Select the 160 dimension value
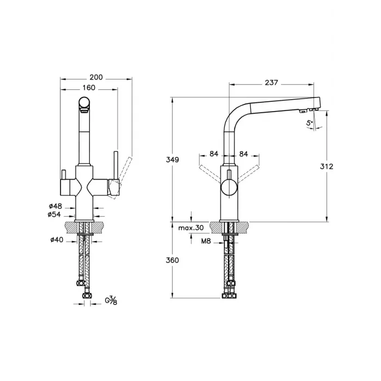pos(89,88)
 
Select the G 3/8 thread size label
pos(110,300)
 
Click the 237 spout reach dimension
pos(272,83)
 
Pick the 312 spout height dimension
pos(326,167)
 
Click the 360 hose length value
pos(172,260)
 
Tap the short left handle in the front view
pos(63,175)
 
